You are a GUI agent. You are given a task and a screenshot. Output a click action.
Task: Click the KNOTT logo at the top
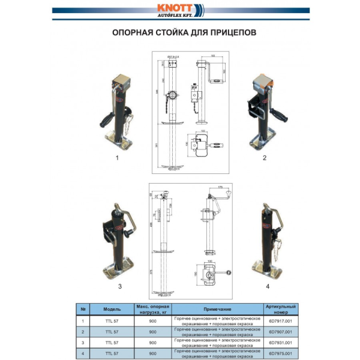click(179, 11)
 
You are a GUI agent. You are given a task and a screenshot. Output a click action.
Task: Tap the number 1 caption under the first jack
click(117, 158)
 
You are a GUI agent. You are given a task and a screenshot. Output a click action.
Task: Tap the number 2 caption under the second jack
click(265, 158)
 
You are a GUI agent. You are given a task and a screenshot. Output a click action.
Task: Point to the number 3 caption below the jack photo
click(119, 286)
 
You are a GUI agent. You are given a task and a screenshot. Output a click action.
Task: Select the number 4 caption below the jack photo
click(268, 286)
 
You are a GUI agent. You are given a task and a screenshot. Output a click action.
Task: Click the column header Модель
click(112, 309)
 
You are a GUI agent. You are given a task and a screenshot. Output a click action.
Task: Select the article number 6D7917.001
click(281, 321)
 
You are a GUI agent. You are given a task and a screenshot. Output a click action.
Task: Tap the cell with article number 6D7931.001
click(281, 342)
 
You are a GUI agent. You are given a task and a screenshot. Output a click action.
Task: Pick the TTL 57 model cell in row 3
click(112, 342)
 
